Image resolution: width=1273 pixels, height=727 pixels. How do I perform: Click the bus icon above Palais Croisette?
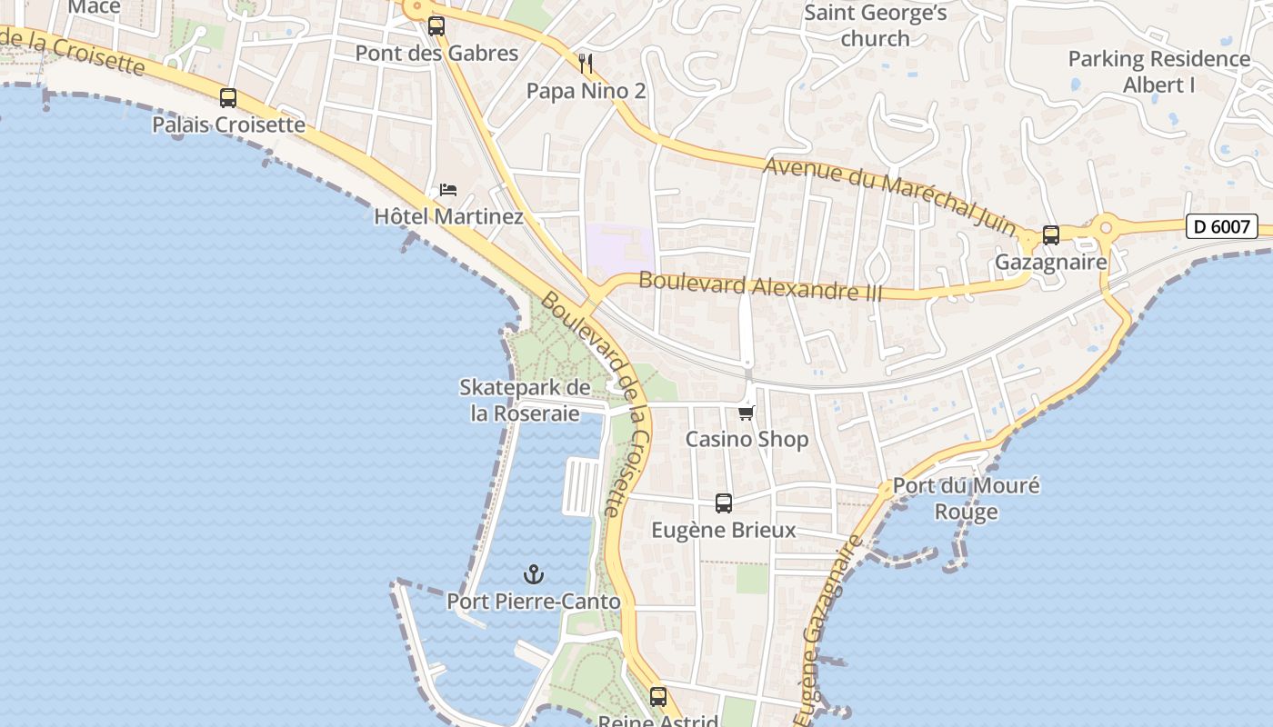[228, 98]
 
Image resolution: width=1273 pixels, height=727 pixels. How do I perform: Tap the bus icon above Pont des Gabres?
[436, 26]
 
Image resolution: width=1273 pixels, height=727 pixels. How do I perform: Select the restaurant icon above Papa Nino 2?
[586, 63]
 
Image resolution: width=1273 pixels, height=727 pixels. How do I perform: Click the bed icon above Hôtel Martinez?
[447, 190]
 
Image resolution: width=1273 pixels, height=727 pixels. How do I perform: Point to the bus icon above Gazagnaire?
[1051, 235]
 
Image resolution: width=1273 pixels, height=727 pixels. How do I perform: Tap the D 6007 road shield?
[1221, 226]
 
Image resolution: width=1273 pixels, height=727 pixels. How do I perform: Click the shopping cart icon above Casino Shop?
[746, 413]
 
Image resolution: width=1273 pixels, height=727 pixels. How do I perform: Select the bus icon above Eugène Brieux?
[724, 503]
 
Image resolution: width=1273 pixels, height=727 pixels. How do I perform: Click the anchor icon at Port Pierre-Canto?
[534, 574]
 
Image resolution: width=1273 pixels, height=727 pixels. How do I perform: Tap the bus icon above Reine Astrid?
[658, 697]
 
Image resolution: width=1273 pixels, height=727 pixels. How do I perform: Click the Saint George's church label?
[876, 25]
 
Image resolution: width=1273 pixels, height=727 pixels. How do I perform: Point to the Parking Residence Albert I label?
[1158, 72]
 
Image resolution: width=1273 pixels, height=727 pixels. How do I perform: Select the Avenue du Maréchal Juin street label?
[889, 195]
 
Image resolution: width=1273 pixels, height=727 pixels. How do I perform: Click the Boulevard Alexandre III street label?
[760, 285]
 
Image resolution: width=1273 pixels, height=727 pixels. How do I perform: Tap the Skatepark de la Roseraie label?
[525, 400]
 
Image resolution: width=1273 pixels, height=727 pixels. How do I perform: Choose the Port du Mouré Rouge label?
[966, 498]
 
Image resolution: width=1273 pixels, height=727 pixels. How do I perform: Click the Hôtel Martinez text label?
[448, 216]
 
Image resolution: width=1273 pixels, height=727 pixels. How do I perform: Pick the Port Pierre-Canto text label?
[534, 602]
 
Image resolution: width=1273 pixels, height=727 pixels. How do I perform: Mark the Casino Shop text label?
[747, 439]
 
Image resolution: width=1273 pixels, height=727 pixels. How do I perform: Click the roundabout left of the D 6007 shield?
[1107, 227]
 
